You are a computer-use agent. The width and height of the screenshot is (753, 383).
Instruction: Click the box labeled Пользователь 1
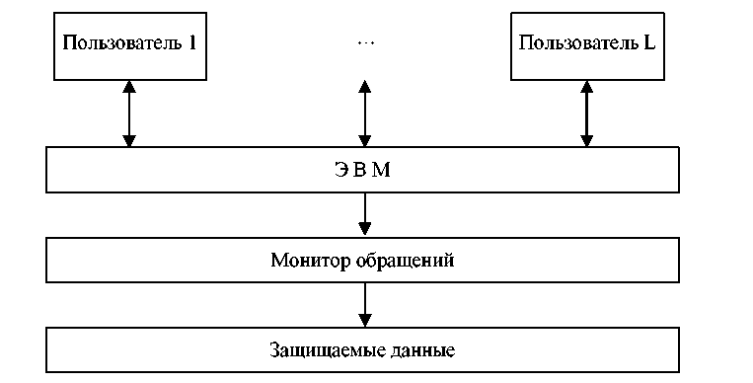[x=130, y=46]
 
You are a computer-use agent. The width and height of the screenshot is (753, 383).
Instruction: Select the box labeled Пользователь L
[x=587, y=46]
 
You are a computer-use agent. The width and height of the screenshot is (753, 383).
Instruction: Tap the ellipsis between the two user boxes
[x=366, y=42]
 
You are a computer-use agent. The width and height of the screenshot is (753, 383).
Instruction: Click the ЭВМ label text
[x=362, y=170]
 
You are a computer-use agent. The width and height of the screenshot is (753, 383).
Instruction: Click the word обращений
[x=406, y=261]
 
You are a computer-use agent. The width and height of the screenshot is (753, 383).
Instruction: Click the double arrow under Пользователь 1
[x=129, y=114]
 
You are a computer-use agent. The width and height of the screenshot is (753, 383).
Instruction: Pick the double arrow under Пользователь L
[x=586, y=114]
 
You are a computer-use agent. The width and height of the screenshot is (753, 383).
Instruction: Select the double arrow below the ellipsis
[x=365, y=114]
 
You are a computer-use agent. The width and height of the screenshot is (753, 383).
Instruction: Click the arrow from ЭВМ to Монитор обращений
[x=365, y=214]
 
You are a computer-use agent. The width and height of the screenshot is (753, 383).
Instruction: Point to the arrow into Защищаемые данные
[x=365, y=305]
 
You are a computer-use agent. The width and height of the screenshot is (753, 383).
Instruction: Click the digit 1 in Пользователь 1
[x=192, y=42]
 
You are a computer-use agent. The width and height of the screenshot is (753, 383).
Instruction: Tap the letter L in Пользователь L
[x=648, y=42]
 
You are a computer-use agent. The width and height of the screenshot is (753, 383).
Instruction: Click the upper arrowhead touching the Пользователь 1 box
[x=129, y=87]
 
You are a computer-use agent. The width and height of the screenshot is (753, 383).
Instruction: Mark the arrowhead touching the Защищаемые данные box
[x=365, y=321]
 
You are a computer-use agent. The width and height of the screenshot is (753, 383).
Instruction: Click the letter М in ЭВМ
[x=382, y=170]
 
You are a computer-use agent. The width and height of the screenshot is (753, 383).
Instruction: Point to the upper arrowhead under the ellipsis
[x=365, y=87]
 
